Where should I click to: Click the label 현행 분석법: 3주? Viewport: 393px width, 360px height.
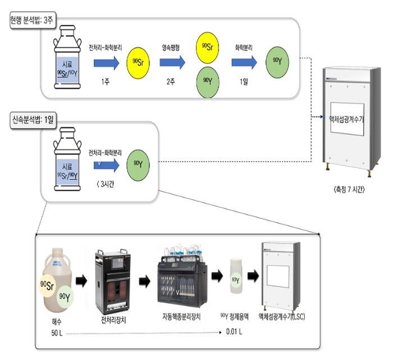(x=33, y=20)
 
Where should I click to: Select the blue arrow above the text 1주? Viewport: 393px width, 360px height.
(x=107, y=63)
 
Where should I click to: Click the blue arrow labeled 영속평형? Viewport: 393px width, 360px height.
(x=172, y=63)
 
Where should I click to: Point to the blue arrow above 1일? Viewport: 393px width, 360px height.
(x=244, y=62)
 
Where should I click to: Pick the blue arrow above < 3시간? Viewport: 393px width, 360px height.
(x=107, y=165)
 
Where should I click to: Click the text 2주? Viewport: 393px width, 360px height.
(x=171, y=81)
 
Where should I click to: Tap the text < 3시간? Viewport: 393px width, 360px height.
(x=106, y=184)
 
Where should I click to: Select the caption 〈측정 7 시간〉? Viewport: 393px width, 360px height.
(x=349, y=189)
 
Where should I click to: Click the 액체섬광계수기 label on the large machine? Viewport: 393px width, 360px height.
(x=346, y=119)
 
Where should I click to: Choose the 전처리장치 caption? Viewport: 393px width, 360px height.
(x=113, y=320)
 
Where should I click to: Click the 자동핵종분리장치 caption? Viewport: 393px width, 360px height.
(x=181, y=317)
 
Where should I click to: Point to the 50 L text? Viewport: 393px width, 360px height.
(x=57, y=333)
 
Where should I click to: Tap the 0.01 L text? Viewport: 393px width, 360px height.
(x=234, y=332)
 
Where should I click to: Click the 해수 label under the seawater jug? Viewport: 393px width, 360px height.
(x=56, y=322)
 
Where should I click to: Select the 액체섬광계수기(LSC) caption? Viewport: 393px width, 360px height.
(x=282, y=317)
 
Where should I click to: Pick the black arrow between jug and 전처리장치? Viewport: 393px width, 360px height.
(x=81, y=281)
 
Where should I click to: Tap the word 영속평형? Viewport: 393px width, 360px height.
(x=171, y=48)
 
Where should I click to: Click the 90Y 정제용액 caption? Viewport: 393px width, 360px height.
(x=235, y=317)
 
